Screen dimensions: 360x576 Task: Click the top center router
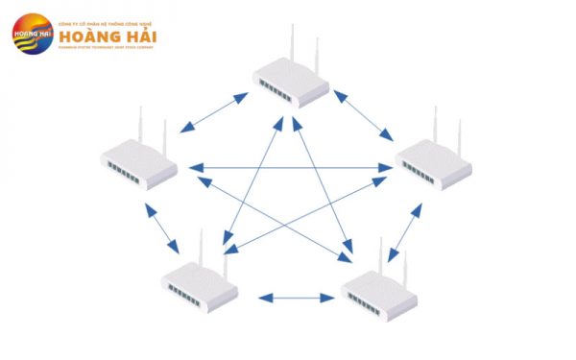291,78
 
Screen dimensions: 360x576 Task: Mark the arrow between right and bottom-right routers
411,227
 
